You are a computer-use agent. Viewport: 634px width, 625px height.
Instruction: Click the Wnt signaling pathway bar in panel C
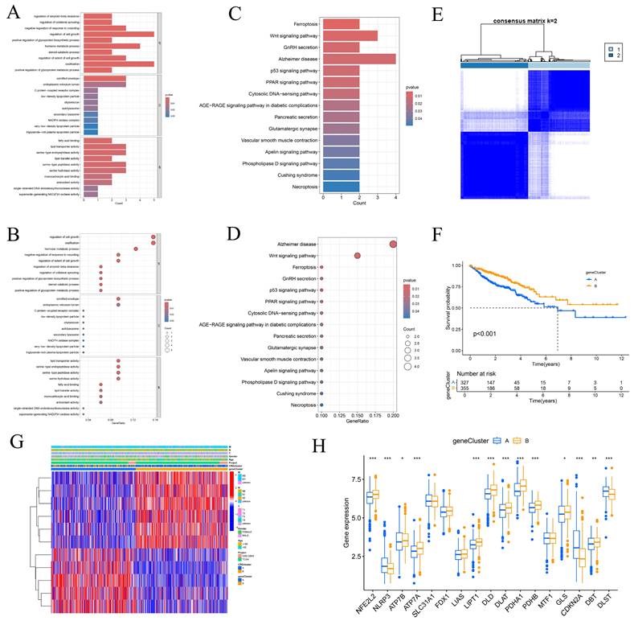(350, 35)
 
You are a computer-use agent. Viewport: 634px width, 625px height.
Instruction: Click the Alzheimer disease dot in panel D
(393, 245)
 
